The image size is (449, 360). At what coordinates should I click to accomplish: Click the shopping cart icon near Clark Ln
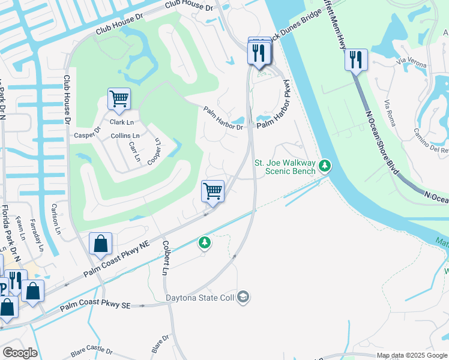(119, 98)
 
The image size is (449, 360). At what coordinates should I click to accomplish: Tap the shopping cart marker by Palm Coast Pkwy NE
(213, 191)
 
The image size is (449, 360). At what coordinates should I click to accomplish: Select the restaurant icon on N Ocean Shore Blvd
(357, 59)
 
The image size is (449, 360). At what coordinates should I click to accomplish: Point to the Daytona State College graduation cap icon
(243, 297)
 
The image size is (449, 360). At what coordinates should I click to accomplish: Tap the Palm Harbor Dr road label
(223, 119)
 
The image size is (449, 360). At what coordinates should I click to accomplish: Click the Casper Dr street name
(88, 131)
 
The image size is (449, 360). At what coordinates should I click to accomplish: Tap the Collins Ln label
(125, 136)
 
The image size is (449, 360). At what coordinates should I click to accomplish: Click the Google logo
(20, 353)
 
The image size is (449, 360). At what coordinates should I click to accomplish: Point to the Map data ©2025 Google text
(412, 355)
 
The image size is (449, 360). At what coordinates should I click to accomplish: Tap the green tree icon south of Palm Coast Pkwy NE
(205, 242)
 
